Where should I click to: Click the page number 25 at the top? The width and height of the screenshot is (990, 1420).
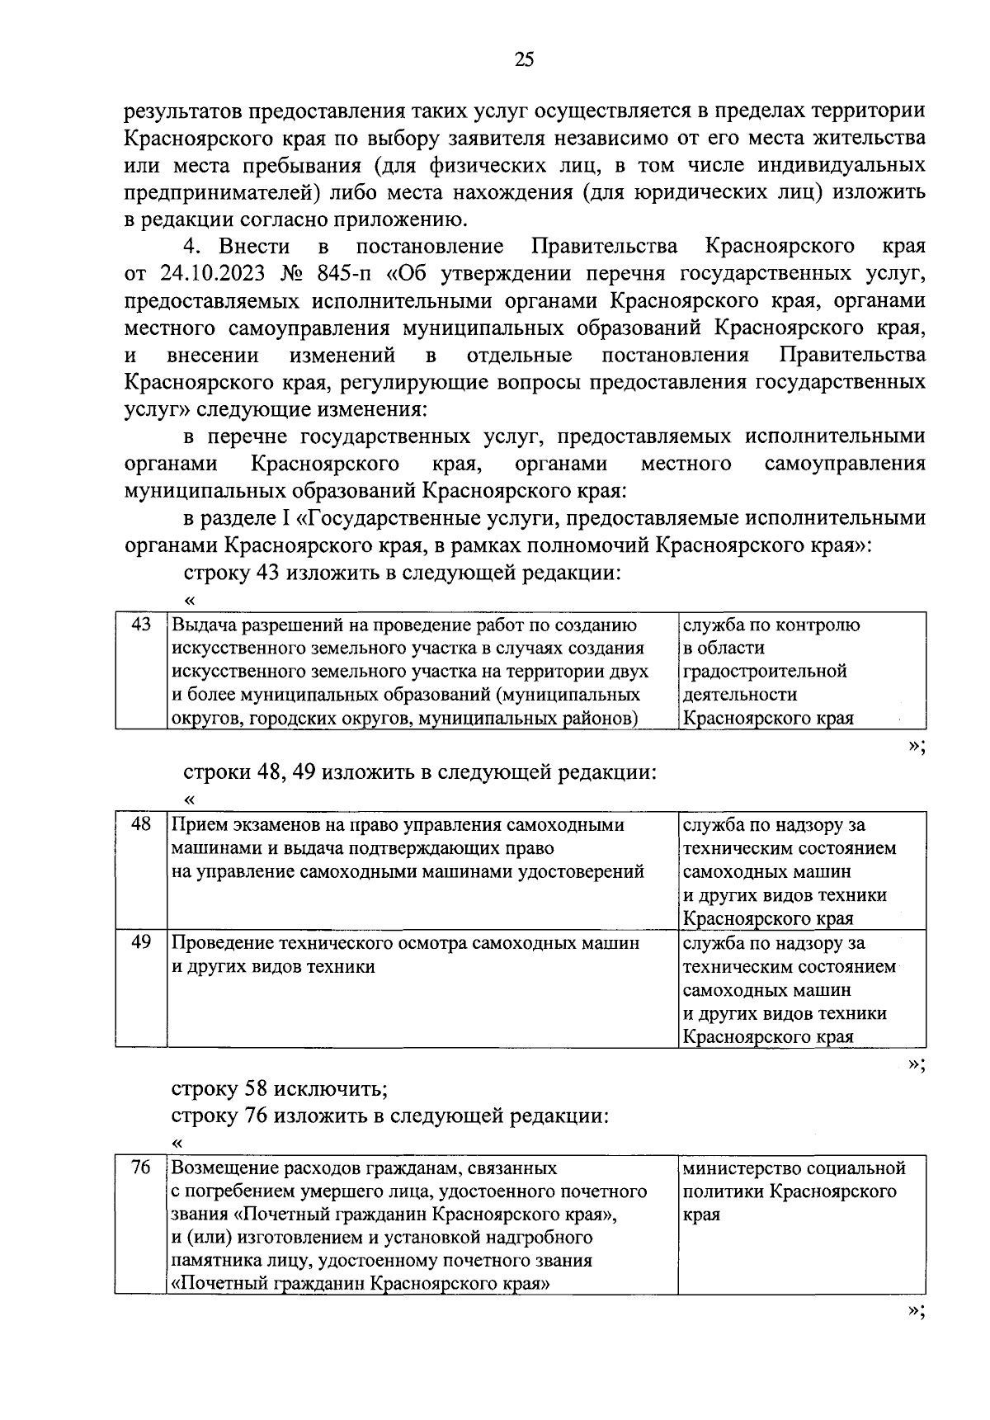click(525, 59)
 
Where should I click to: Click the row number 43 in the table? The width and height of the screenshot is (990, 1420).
click(141, 625)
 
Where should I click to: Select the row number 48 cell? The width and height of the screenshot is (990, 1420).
click(141, 823)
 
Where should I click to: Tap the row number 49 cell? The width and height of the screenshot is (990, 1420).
click(141, 941)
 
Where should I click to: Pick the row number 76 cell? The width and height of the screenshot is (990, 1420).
click(141, 1168)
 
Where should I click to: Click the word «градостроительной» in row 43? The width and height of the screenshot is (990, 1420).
click(765, 671)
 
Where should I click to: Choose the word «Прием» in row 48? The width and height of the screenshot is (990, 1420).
click(196, 825)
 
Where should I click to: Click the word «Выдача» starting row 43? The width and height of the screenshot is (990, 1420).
click(204, 625)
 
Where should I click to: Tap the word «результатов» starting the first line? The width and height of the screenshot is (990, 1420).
click(184, 111)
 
